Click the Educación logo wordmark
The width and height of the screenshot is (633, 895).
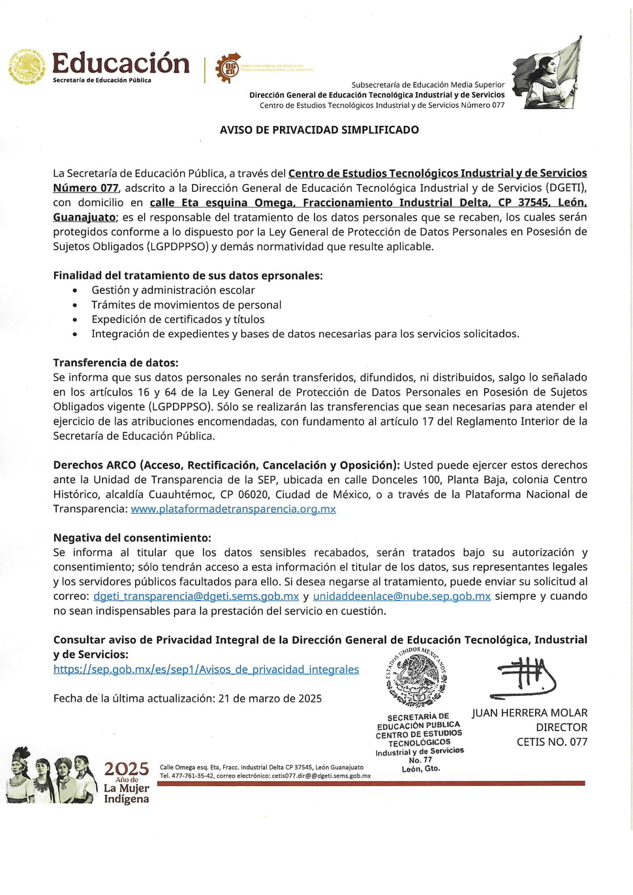click(x=121, y=64)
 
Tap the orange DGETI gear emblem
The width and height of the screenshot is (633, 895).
click(x=228, y=68)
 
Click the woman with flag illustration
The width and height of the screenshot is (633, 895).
click(x=547, y=74)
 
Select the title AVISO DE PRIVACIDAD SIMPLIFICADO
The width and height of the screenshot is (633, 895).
click(x=319, y=130)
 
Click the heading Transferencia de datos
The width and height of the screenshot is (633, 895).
click(x=116, y=362)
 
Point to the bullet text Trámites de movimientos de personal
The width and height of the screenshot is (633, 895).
click(x=187, y=305)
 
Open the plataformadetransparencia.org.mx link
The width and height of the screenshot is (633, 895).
click(x=233, y=509)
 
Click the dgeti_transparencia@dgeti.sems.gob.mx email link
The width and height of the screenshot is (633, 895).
click(x=196, y=596)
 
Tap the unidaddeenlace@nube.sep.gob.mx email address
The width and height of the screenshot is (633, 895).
click(x=401, y=596)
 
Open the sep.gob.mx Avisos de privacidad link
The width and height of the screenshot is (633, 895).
click(x=206, y=669)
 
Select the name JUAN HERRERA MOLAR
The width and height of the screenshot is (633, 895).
click(x=529, y=713)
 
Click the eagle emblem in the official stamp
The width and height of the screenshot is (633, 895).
click(x=418, y=679)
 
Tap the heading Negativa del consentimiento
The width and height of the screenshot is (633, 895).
click(x=132, y=538)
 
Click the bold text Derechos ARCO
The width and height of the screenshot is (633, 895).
click(x=95, y=465)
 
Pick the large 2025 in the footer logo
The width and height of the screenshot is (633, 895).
click(x=126, y=768)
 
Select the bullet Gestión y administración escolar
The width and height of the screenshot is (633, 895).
click(x=173, y=290)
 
